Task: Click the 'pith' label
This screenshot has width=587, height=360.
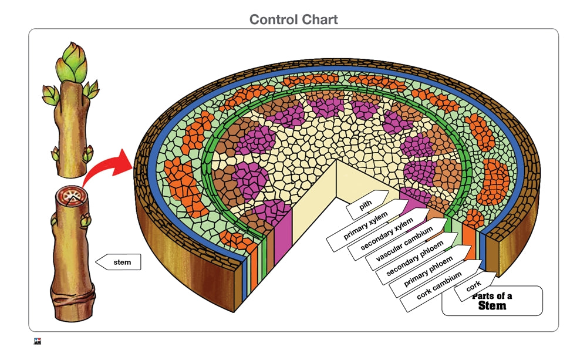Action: coord(366,203)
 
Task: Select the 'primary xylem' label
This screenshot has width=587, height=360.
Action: coord(364,225)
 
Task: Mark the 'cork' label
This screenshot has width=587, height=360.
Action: coord(473,287)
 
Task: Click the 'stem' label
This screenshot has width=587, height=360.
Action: coord(122,262)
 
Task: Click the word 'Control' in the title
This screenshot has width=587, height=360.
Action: coord(273,19)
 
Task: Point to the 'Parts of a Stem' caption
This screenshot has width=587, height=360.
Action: coord(492,301)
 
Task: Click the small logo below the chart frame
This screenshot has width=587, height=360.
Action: coord(38,342)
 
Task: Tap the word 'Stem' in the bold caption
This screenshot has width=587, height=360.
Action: coord(492,305)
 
